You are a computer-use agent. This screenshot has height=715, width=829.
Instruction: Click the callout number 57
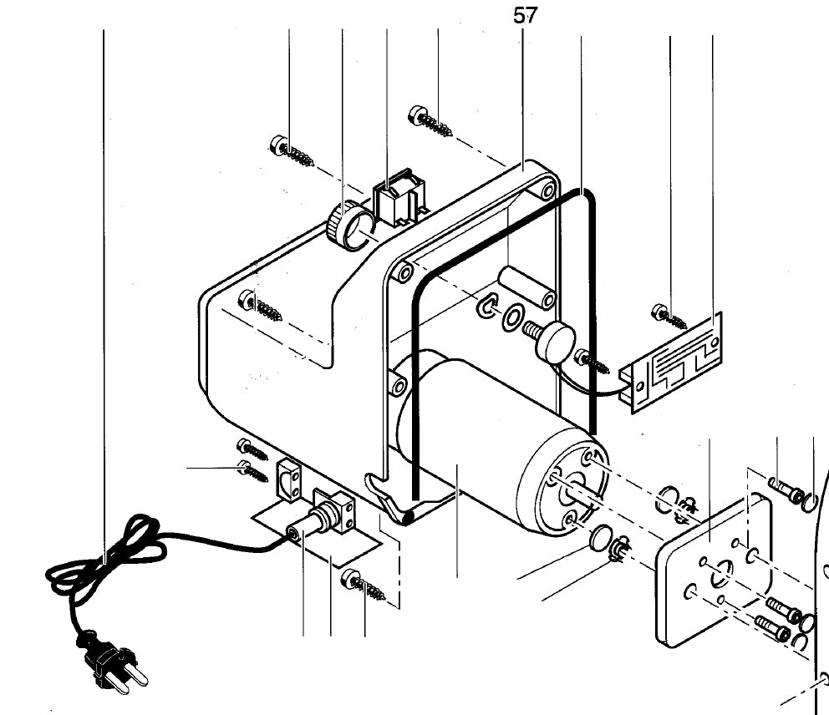(526, 15)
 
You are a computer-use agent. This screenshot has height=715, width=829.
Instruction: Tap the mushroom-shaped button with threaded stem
(553, 342)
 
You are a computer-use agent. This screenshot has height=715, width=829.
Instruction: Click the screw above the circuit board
(669, 317)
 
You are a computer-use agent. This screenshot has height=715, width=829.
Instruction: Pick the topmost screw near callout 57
(430, 122)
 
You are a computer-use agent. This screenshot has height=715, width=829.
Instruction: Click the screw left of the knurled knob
(292, 151)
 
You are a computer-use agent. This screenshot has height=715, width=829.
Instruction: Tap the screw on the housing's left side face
(260, 307)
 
